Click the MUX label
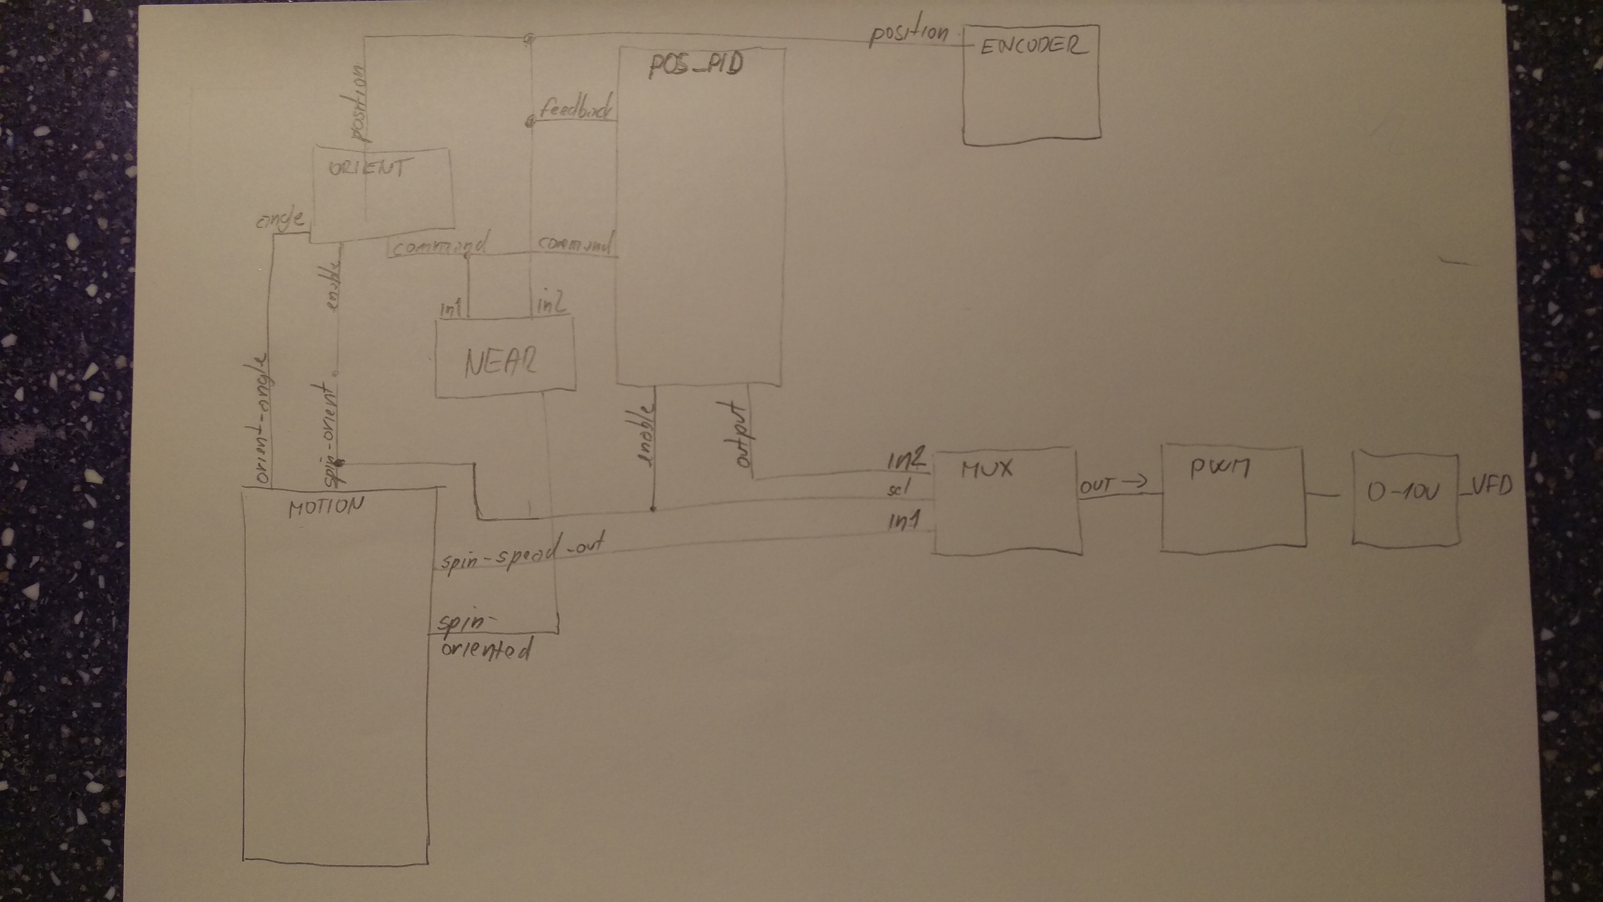987,468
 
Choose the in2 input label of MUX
907,461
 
